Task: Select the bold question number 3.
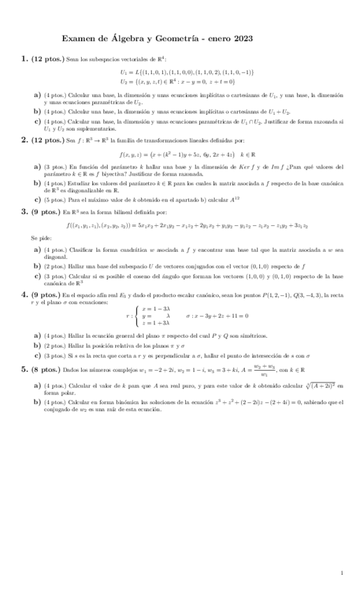[x=24, y=211]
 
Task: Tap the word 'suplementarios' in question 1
[x=92, y=129]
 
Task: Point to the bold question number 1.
[x=24, y=60]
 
